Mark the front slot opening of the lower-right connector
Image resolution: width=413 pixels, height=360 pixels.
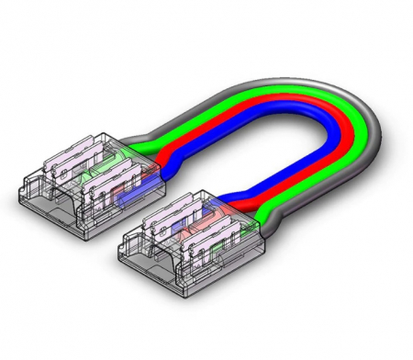point(156,266)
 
